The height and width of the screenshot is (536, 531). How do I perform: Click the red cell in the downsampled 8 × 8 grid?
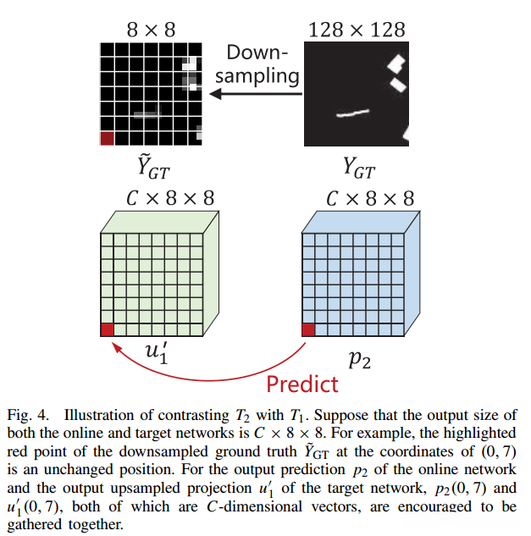108,139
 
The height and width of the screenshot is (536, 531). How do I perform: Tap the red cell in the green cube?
108,329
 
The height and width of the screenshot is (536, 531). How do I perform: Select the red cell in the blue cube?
309,329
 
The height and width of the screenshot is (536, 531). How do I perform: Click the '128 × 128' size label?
357,30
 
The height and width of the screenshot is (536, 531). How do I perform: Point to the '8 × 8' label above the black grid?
152,30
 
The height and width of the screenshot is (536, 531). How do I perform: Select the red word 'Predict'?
301,384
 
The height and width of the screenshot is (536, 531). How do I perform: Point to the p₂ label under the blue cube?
359,359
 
